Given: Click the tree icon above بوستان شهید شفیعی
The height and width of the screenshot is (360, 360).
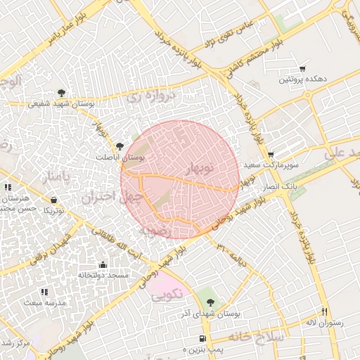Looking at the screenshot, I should pyautogui.click(x=62, y=93).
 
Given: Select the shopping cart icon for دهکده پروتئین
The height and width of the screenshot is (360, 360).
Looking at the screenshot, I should pyautogui.click(x=302, y=69).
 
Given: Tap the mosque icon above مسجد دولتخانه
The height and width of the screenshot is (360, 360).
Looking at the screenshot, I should pyautogui.click(x=103, y=265).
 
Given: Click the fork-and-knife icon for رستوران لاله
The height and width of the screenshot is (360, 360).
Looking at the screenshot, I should pyautogui.click(x=324, y=311).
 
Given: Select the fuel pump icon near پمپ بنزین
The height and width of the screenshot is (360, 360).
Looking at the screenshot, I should pyautogui.click(x=202, y=338).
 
